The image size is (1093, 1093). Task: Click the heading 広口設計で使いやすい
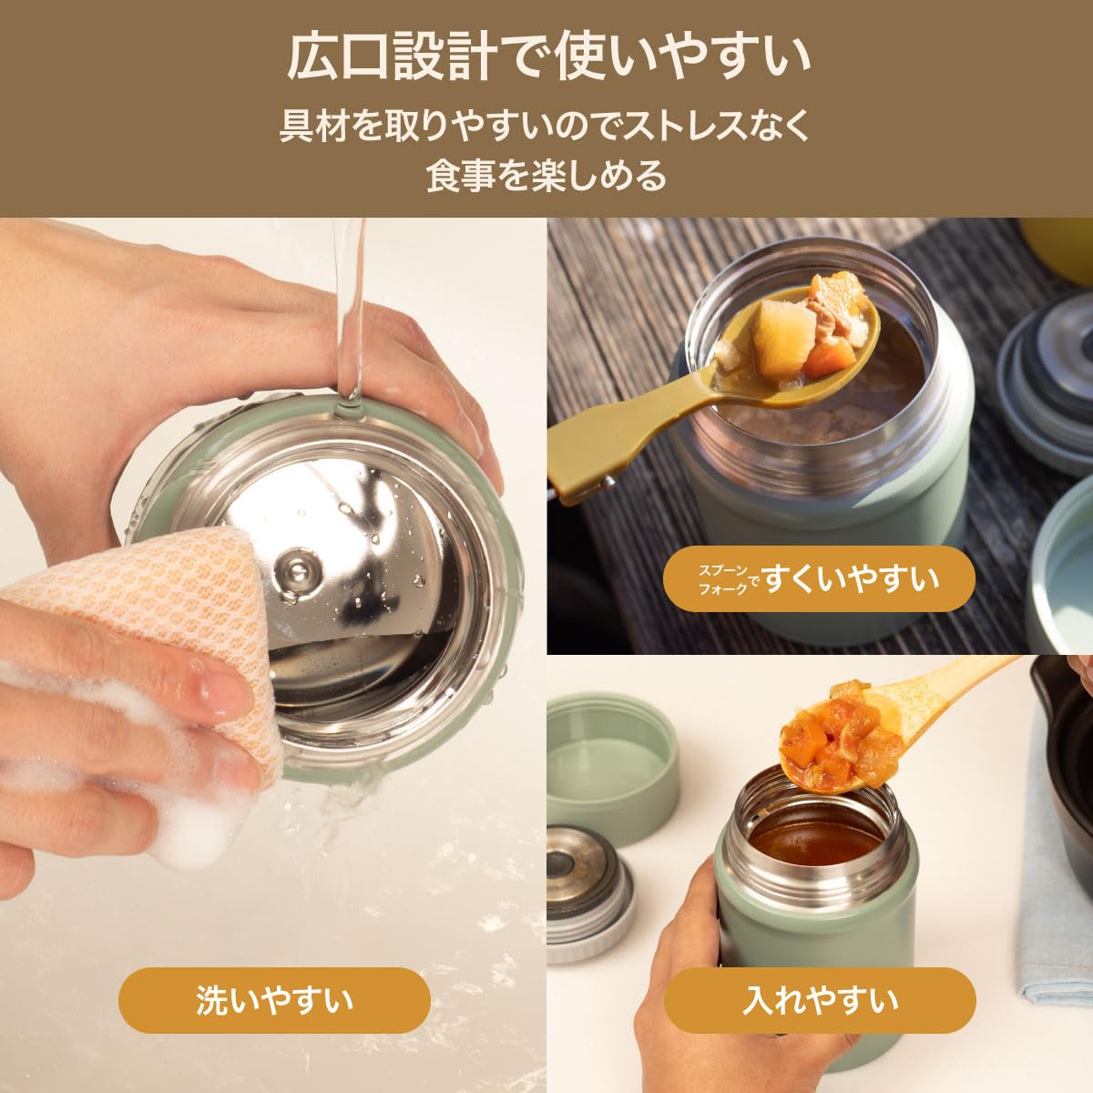point(547,59)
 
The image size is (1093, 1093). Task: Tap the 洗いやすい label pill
point(274,1001)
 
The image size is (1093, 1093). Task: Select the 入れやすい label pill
point(820,1001)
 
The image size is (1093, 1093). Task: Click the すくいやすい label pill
point(819,578)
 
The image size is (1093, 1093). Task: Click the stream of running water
point(349,318)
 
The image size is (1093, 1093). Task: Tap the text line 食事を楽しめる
point(546,175)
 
